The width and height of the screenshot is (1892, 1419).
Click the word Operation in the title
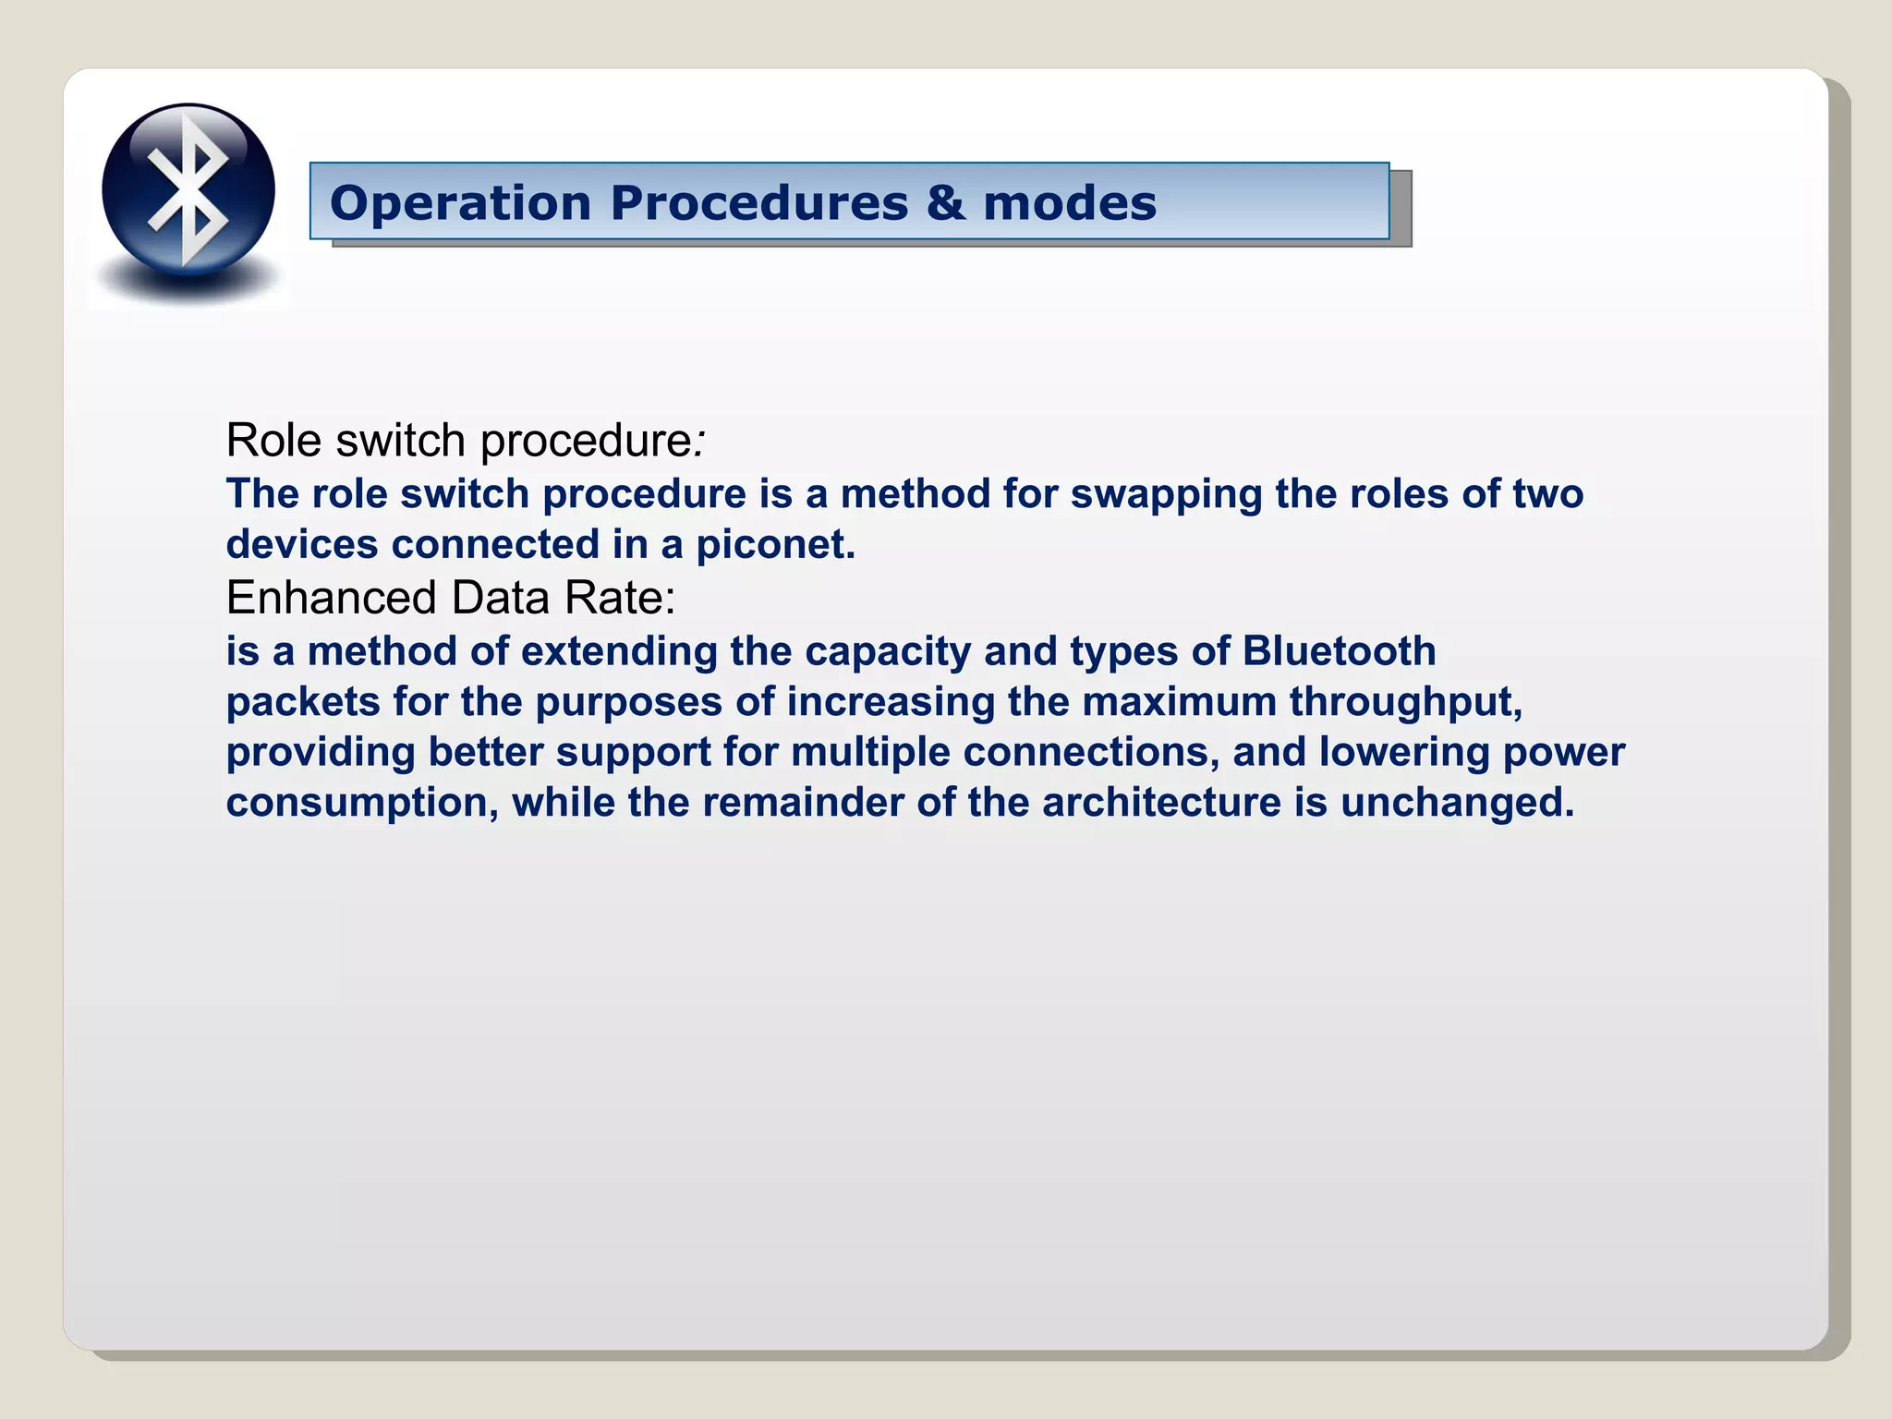point(460,203)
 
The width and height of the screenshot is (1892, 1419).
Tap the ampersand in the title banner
point(945,202)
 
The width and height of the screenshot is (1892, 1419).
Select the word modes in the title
point(1070,203)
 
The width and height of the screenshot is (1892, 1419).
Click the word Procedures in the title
point(758,203)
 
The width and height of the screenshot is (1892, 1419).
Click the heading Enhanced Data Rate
point(450,598)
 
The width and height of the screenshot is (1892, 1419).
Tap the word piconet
point(775,544)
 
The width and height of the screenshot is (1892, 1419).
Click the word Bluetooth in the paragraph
point(1339,651)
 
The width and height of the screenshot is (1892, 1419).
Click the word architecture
point(1161,802)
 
